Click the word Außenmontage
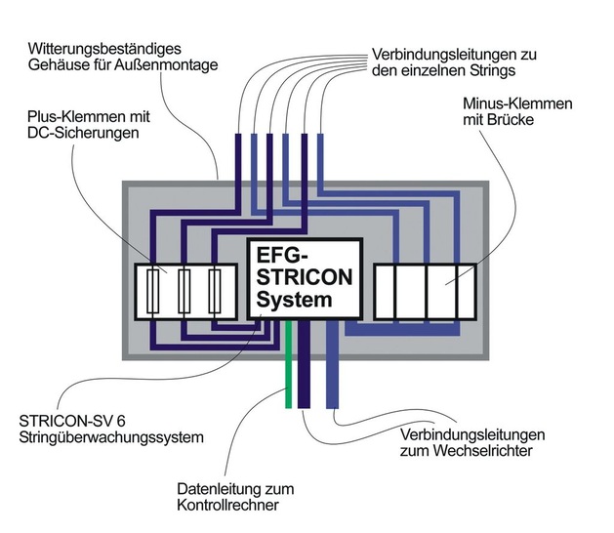point(172,64)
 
